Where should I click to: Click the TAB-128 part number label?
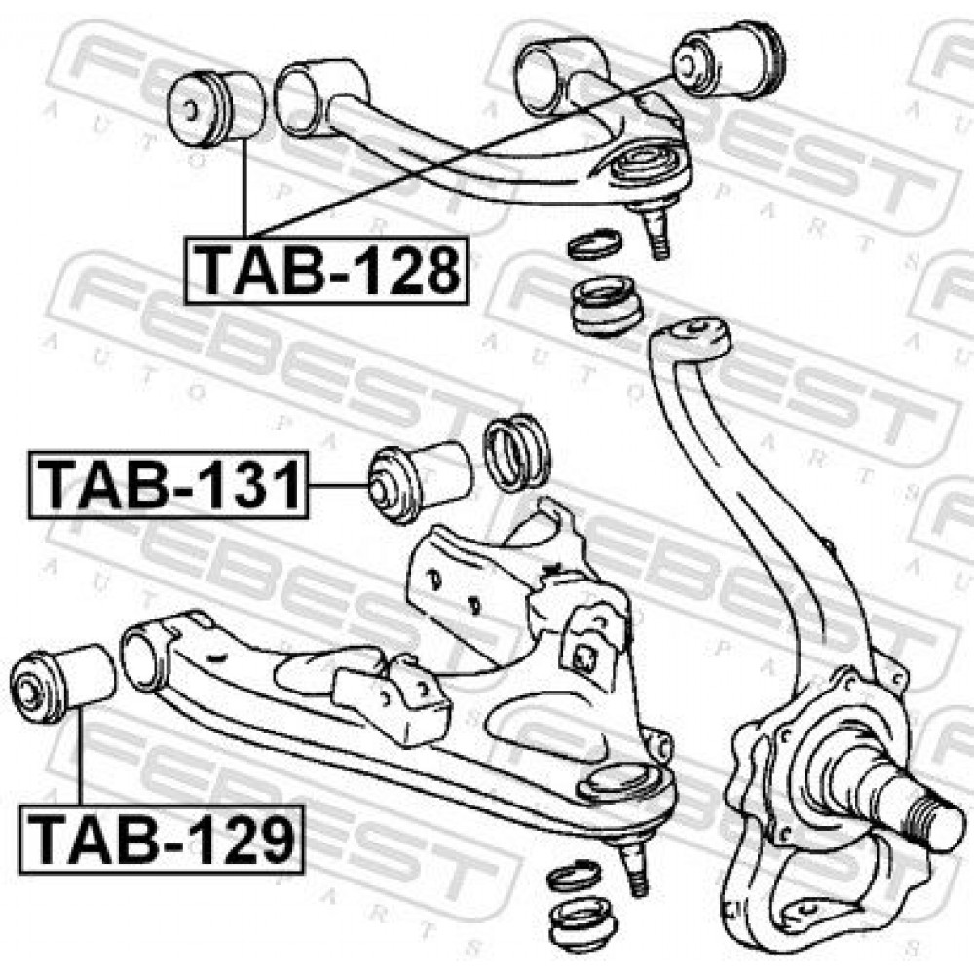pyautogui.click(x=326, y=271)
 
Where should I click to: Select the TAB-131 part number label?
pyautogui.click(x=169, y=485)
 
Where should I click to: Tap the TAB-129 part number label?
pyautogui.click(x=162, y=839)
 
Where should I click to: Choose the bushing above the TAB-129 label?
pyautogui.click(x=62, y=684)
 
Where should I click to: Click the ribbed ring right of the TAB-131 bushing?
pyautogui.click(x=517, y=453)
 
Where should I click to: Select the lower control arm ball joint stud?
pyautogui.click(x=634, y=870)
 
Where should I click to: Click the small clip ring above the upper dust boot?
pyautogui.click(x=595, y=244)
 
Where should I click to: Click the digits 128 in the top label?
pyautogui.click(x=410, y=271)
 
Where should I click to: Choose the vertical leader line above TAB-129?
pyautogui.click(x=80, y=757)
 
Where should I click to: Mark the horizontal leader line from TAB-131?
pyautogui.click(x=339, y=486)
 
